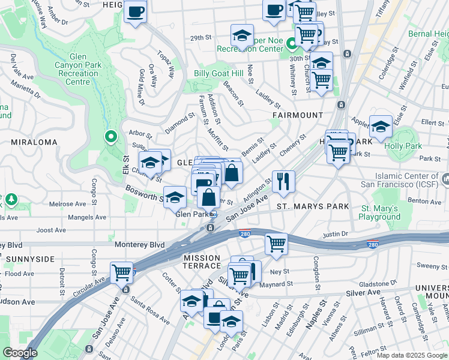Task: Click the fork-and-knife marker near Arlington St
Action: (283, 181)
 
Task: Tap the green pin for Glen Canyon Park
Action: (110, 137)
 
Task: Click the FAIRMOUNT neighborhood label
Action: (297, 115)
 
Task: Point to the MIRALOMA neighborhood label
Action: (34, 142)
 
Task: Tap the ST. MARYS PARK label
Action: (313, 206)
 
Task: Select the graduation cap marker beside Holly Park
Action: (381, 126)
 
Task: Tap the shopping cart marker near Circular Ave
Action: (122, 272)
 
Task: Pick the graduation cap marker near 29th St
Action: (243, 35)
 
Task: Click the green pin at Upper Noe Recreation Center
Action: (291, 43)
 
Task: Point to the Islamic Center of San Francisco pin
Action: (445, 179)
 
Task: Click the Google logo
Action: (20, 353)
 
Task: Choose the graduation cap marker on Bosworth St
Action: (175, 197)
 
